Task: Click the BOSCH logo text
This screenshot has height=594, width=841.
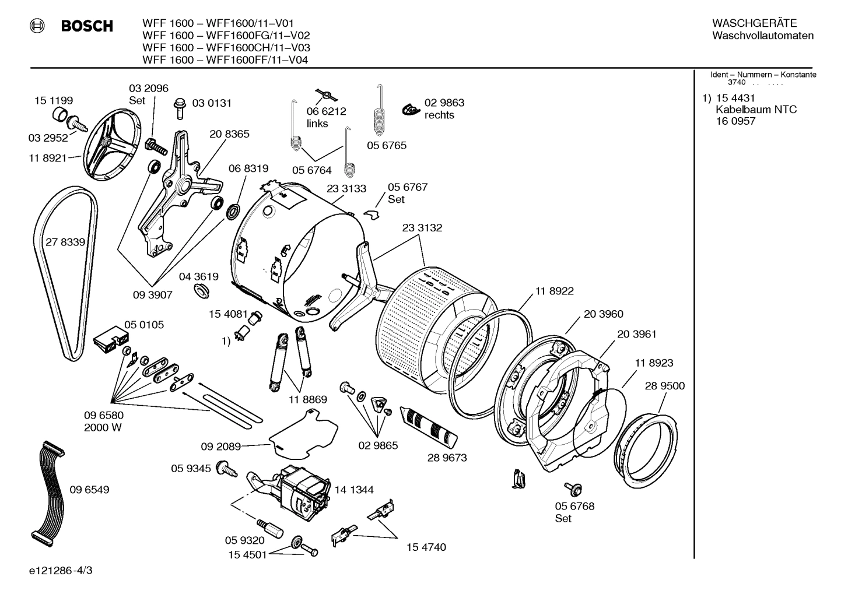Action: click(x=87, y=26)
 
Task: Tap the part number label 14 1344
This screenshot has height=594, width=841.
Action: click(x=354, y=490)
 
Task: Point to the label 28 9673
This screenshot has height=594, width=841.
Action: click(x=447, y=458)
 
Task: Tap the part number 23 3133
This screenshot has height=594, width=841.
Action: click(x=346, y=188)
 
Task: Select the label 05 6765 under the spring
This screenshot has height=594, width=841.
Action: click(x=387, y=145)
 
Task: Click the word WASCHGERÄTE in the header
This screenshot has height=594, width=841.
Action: click(x=754, y=23)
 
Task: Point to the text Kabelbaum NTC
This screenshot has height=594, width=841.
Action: click(x=756, y=110)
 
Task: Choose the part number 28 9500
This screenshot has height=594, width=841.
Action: click(x=665, y=386)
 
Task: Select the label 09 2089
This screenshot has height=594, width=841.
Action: click(x=221, y=447)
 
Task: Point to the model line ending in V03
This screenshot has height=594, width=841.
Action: click(x=226, y=48)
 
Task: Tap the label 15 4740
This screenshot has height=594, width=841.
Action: click(x=426, y=547)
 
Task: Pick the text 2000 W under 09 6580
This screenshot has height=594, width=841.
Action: click(x=103, y=427)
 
